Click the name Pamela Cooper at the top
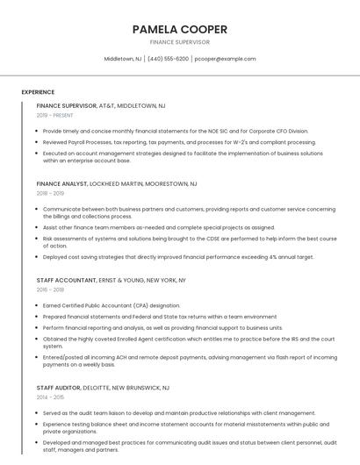click(x=180, y=29)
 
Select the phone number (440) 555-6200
click(x=168, y=59)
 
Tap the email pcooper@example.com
click(x=226, y=59)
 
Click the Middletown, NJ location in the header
click(x=123, y=59)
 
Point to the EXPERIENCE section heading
click(x=38, y=92)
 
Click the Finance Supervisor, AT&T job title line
click(x=101, y=105)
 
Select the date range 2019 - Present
click(x=55, y=115)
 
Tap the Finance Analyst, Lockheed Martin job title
click(x=117, y=184)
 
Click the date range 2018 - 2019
click(x=51, y=193)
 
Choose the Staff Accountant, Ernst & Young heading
click(x=112, y=280)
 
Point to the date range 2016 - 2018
click(x=51, y=289)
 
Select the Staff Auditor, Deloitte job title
click(x=104, y=387)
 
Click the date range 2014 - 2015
click(x=51, y=397)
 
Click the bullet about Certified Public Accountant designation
click(x=112, y=305)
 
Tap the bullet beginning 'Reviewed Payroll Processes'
click(x=167, y=141)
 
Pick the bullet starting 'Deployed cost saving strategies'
click(x=178, y=257)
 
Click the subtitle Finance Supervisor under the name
click(x=180, y=41)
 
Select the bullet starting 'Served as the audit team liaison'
click(x=179, y=412)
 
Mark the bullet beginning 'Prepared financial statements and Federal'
click(x=160, y=316)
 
